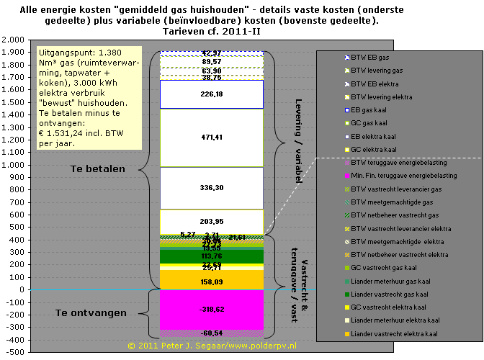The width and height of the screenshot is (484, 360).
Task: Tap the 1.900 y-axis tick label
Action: click(x=14, y=53)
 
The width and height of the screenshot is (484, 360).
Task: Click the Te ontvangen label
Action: click(x=91, y=312)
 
